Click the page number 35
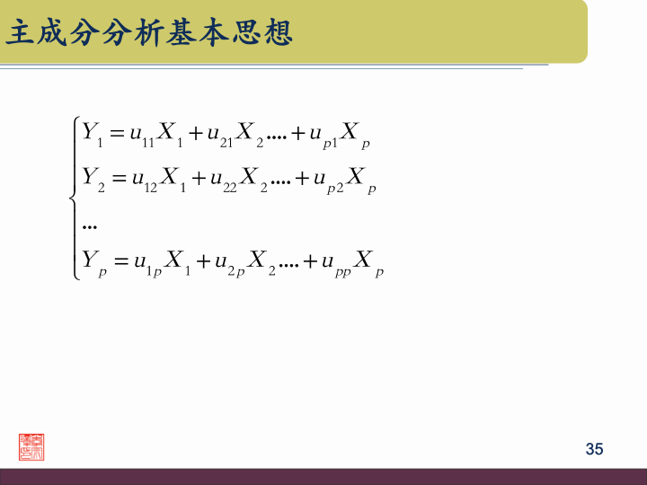click(594, 449)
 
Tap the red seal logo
click(32, 446)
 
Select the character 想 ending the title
click(279, 34)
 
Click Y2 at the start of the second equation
click(93, 181)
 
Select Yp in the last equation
click(93, 264)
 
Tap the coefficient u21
click(220, 137)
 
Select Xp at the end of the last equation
click(368, 264)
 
